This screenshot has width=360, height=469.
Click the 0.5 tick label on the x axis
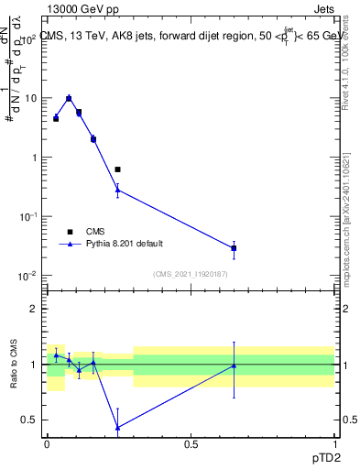191,442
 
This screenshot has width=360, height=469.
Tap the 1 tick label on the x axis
333,442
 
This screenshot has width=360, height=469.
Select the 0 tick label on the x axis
48,442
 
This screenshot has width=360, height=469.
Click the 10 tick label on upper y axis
31,98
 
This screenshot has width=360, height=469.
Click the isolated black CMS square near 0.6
117,169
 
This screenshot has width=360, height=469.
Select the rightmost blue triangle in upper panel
234,248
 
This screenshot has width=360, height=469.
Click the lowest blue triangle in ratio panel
117,427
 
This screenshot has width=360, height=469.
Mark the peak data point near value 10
69,98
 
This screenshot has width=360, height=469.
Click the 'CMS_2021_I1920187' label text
191,274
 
